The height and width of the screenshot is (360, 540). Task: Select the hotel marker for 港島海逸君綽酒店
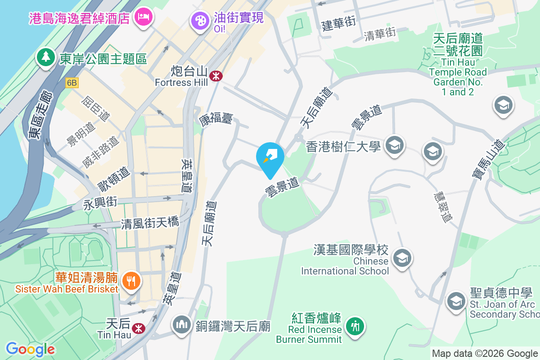[x=144, y=18]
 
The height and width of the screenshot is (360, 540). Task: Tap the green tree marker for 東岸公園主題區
[x=46, y=57]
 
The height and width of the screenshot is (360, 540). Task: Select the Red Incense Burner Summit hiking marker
[x=355, y=326]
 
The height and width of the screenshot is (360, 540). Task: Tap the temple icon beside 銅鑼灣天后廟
[x=182, y=325]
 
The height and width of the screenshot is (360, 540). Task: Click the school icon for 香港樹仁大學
[x=395, y=145]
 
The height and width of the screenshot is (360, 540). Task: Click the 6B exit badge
[x=72, y=83]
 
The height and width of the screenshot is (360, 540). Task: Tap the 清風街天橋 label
[x=150, y=223]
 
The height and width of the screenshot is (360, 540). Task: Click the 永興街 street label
[x=100, y=203]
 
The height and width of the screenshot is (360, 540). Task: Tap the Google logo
[x=30, y=349]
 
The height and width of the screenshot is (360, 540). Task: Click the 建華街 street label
[x=339, y=24]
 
